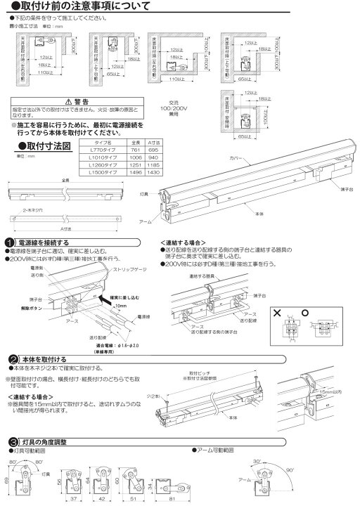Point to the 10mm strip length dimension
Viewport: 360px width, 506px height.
(102, 306)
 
